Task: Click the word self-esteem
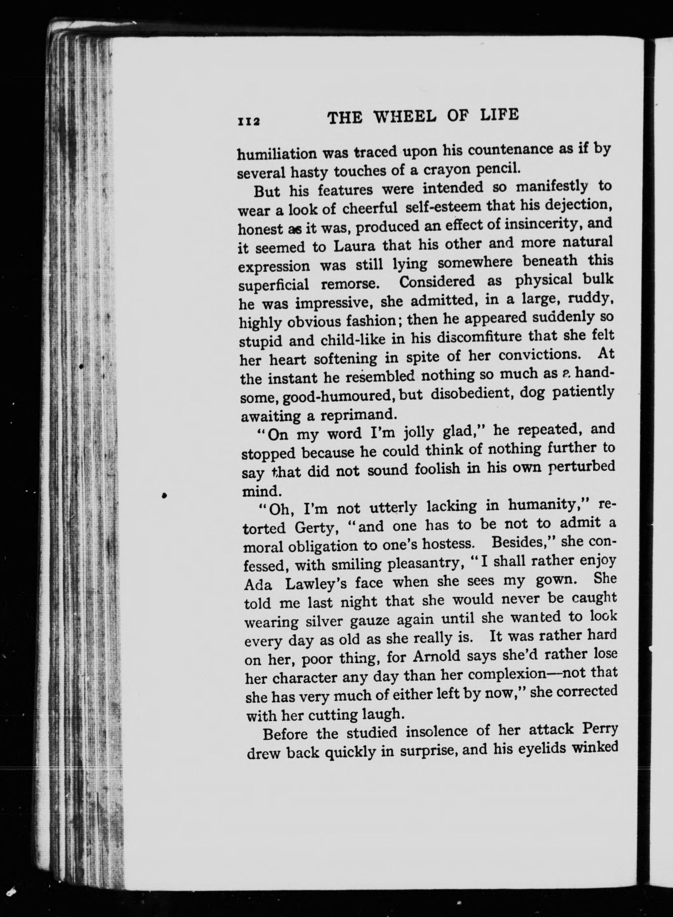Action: click(444, 207)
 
